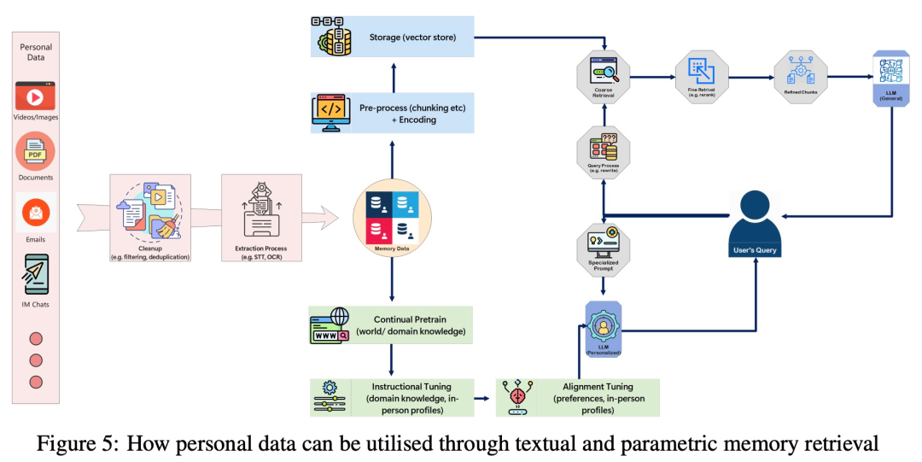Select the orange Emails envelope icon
pos(35,213)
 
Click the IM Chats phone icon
pos(36,274)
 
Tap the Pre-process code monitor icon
pos(330,113)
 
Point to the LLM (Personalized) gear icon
pos(602,327)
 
